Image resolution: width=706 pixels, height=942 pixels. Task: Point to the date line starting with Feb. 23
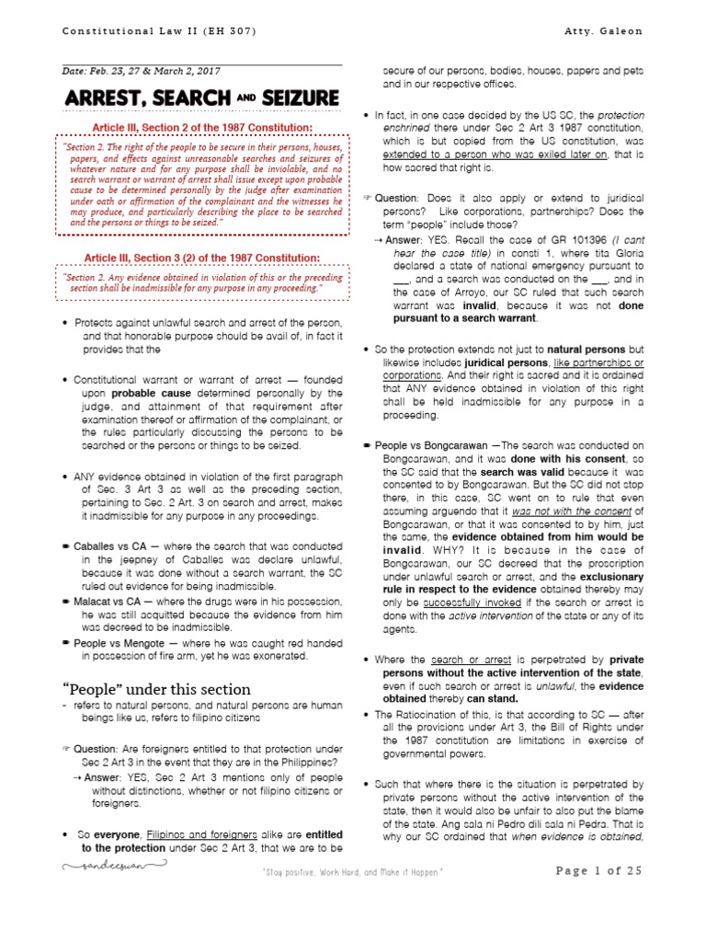[x=142, y=71]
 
